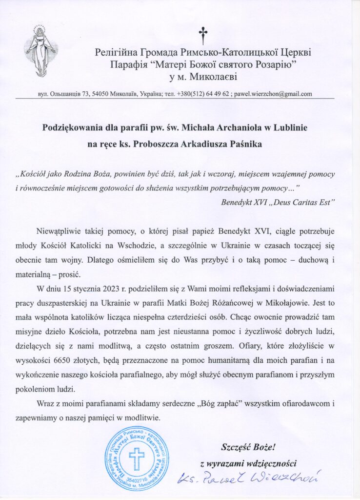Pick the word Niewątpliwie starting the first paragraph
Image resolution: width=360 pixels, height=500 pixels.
(x=58, y=229)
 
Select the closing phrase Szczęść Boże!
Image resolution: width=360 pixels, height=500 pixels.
(x=249, y=446)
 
